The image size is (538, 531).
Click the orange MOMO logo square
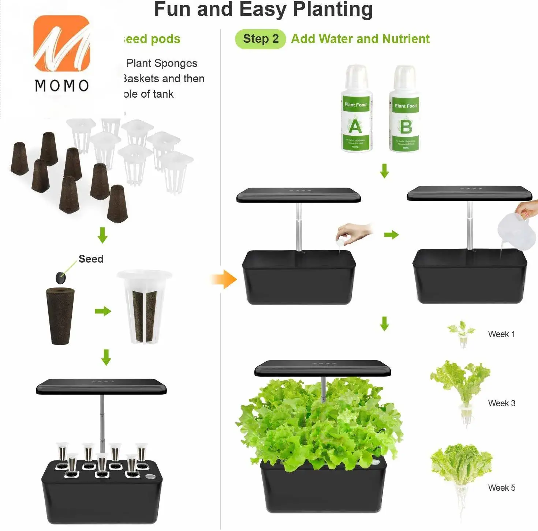coord(61,43)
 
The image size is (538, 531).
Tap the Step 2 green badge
coord(260,39)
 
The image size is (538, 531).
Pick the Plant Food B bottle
coord(405,110)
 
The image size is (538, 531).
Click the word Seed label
coord(91,259)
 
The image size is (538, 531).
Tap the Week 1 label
coord(501,334)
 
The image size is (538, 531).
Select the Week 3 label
coord(501,403)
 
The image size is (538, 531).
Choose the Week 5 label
coord(501,488)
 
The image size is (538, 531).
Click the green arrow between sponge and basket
coord(103,311)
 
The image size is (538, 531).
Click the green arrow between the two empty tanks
coord(391,235)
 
